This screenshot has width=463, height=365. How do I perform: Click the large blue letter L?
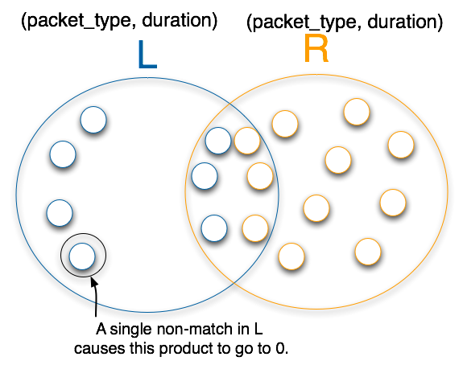pyautogui.click(x=147, y=55)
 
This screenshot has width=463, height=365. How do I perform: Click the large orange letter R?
pyautogui.click(x=316, y=48)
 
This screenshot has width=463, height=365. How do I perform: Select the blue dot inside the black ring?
pyautogui.click(x=82, y=256)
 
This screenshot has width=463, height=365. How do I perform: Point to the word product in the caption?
pyautogui.click(x=186, y=348)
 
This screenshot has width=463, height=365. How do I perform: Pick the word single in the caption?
pyautogui.click(x=132, y=330)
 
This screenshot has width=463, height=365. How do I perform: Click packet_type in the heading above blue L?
pyautogui.click(x=79, y=21)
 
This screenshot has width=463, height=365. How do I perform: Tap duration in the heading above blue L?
pyautogui.click(x=176, y=20)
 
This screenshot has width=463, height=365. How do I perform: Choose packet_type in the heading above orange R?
pyautogui.click(x=304, y=22)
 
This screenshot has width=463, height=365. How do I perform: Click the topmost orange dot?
pyautogui.click(x=357, y=112)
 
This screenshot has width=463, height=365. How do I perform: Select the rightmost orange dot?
pyautogui.click(x=401, y=145)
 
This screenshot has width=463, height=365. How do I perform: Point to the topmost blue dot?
pyautogui.click(x=93, y=120)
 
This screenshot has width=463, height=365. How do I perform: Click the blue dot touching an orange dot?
pyautogui.click(x=218, y=141)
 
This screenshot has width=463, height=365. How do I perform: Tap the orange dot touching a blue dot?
pyautogui.click(x=247, y=141)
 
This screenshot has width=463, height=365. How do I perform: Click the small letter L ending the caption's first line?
pyautogui.click(x=258, y=329)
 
